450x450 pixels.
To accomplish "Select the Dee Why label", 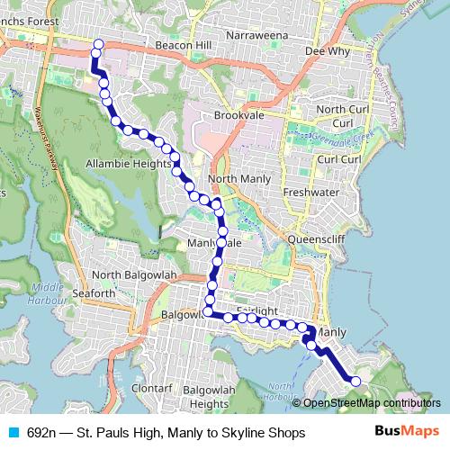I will [326, 52].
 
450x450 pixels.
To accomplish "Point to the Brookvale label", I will [238, 115].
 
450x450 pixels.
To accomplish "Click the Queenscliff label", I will [314, 239].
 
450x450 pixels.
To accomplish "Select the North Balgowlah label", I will [131, 274].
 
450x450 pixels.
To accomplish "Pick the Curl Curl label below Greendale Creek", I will [339, 159].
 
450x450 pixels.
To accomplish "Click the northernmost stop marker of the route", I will [98, 44].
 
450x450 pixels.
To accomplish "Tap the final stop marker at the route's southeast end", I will [355, 382].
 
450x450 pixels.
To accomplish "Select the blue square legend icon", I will [13, 432].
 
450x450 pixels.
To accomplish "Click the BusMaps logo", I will [407, 432].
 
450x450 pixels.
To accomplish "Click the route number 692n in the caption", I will [42, 432].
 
